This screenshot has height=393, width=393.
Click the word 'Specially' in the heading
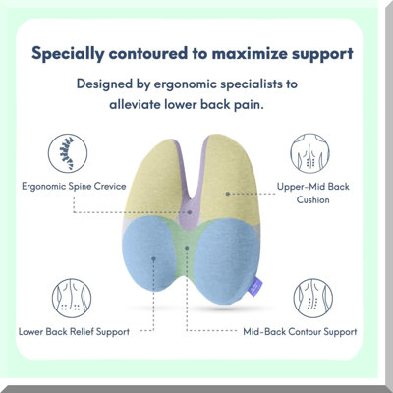tap(68, 54)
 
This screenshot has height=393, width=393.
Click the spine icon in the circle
tap(68, 153)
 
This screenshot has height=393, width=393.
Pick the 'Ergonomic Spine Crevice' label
tap(74, 187)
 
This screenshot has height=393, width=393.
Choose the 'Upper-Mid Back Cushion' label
tap(312, 193)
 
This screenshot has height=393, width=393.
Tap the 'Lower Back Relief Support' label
tap(74, 332)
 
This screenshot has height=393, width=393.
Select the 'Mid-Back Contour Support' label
tap(300, 332)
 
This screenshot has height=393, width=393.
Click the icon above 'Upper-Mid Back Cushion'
tap(309, 153)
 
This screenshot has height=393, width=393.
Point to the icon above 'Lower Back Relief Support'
tap(72, 299)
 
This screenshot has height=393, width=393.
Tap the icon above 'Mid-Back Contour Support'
tap(313, 299)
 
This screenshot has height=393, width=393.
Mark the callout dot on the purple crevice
tap(190, 212)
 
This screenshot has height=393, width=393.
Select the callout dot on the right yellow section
tap(228, 194)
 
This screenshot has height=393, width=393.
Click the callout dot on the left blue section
tap(153, 258)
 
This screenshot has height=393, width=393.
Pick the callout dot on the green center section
tap(187, 248)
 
